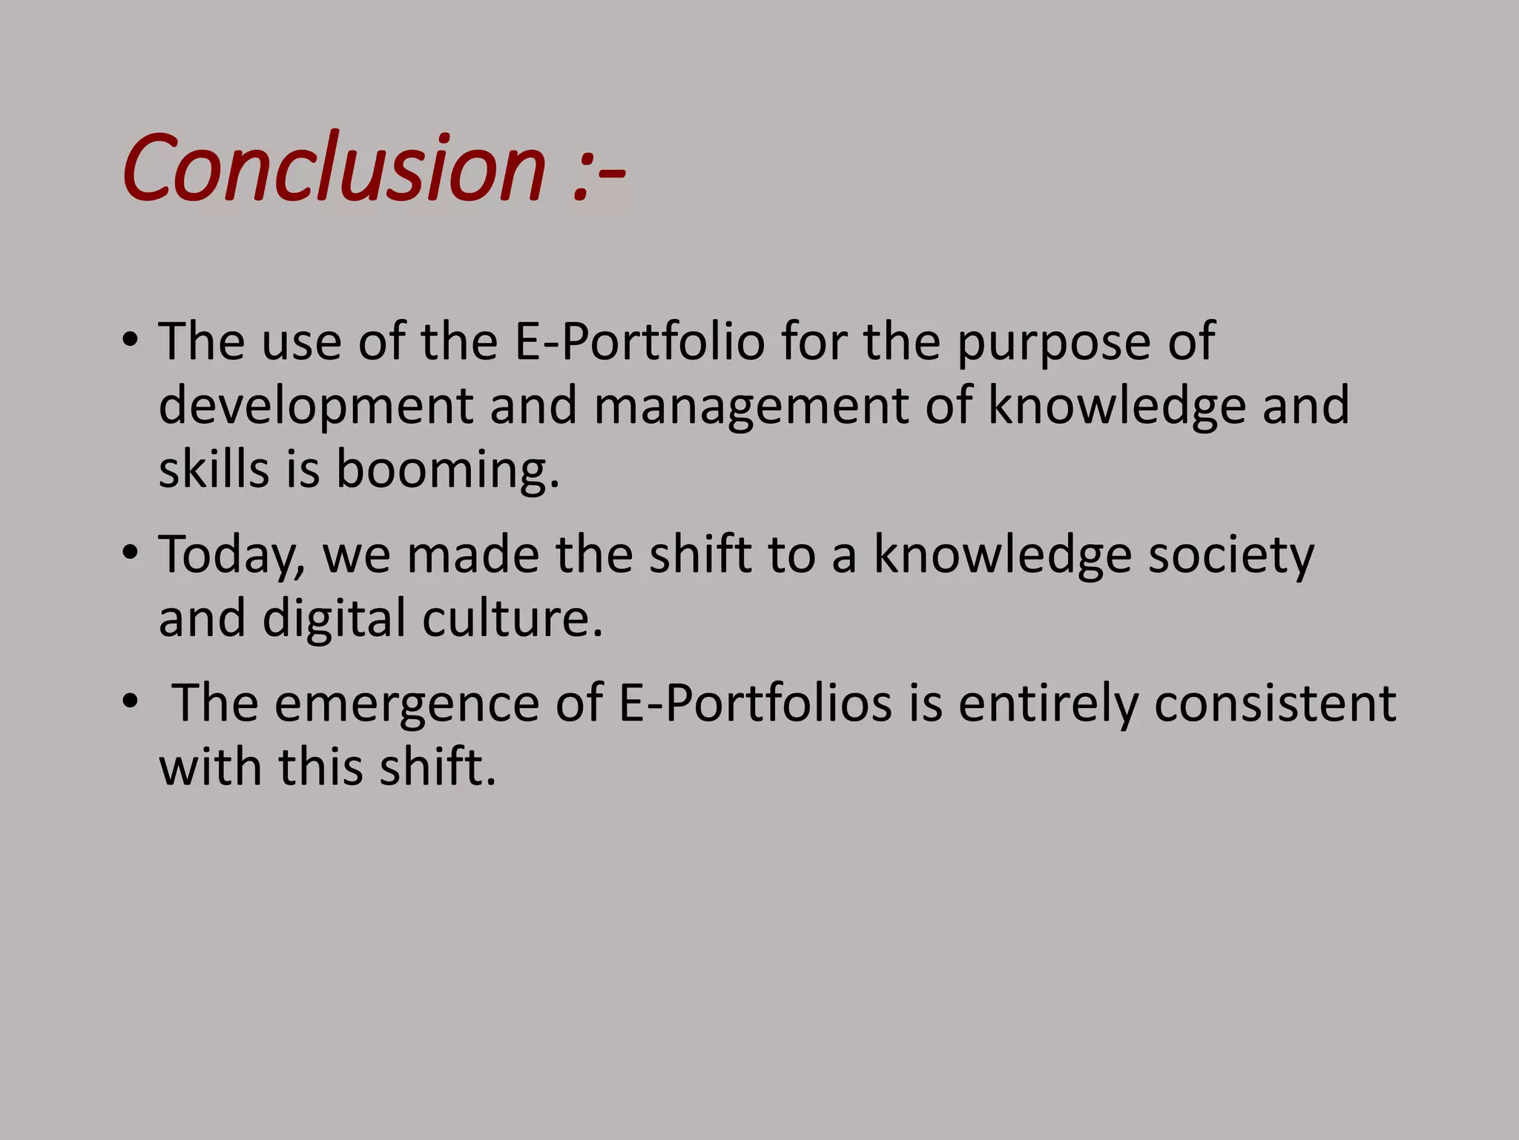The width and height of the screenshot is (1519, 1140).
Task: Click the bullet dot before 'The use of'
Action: (131, 341)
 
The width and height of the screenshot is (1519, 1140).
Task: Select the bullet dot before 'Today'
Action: (131, 553)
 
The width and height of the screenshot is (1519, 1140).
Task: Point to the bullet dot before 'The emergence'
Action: (131, 701)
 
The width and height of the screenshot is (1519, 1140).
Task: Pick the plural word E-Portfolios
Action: (755, 703)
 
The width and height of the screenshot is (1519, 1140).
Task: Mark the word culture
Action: (513, 618)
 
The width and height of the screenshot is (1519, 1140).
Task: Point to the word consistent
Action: (1275, 703)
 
